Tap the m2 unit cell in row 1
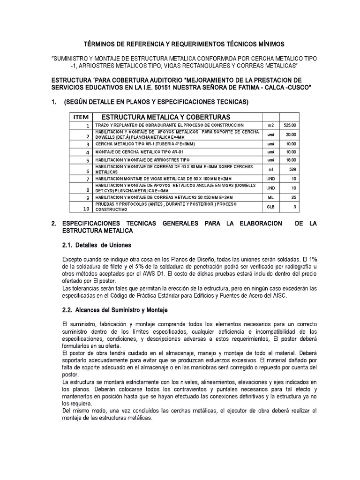click(270, 126)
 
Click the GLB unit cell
click(270, 206)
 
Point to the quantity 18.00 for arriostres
click(290, 160)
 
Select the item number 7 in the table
click(87, 179)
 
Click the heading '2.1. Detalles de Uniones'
click(97, 245)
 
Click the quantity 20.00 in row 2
click(290, 134)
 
